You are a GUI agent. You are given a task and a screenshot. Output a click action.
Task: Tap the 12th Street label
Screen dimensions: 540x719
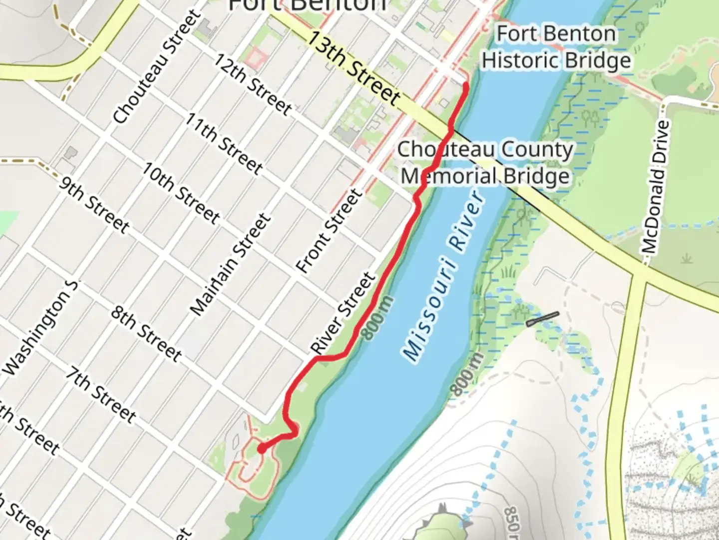[x=252, y=83]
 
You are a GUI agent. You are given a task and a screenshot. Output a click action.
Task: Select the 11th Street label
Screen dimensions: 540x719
[x=223, y=143]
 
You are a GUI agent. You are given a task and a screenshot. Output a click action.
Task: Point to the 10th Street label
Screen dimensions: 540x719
[x=180, y=192]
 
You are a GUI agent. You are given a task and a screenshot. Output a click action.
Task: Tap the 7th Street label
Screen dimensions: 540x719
[x=100, y=394]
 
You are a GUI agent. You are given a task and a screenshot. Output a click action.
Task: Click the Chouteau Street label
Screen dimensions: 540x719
[x=156, y=67]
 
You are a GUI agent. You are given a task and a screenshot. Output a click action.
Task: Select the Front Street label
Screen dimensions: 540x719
[x=329, y=230]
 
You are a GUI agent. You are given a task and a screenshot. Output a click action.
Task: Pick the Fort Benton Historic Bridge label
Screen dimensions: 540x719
[x=556, y=47]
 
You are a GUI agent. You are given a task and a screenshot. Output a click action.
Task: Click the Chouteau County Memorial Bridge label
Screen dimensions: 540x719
[x=485, y=162]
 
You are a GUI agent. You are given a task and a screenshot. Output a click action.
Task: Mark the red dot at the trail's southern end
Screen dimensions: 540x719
[x=261, y=449]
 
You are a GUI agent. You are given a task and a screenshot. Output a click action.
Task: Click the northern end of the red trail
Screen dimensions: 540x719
[x=465, y=85]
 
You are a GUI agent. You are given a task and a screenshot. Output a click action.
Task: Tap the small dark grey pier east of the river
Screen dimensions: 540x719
[x=542, y=319]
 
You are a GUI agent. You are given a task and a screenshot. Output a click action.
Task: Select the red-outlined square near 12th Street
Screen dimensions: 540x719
[x=255, y=57]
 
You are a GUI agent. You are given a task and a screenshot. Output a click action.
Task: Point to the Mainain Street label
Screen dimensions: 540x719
[x=230, y=265]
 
